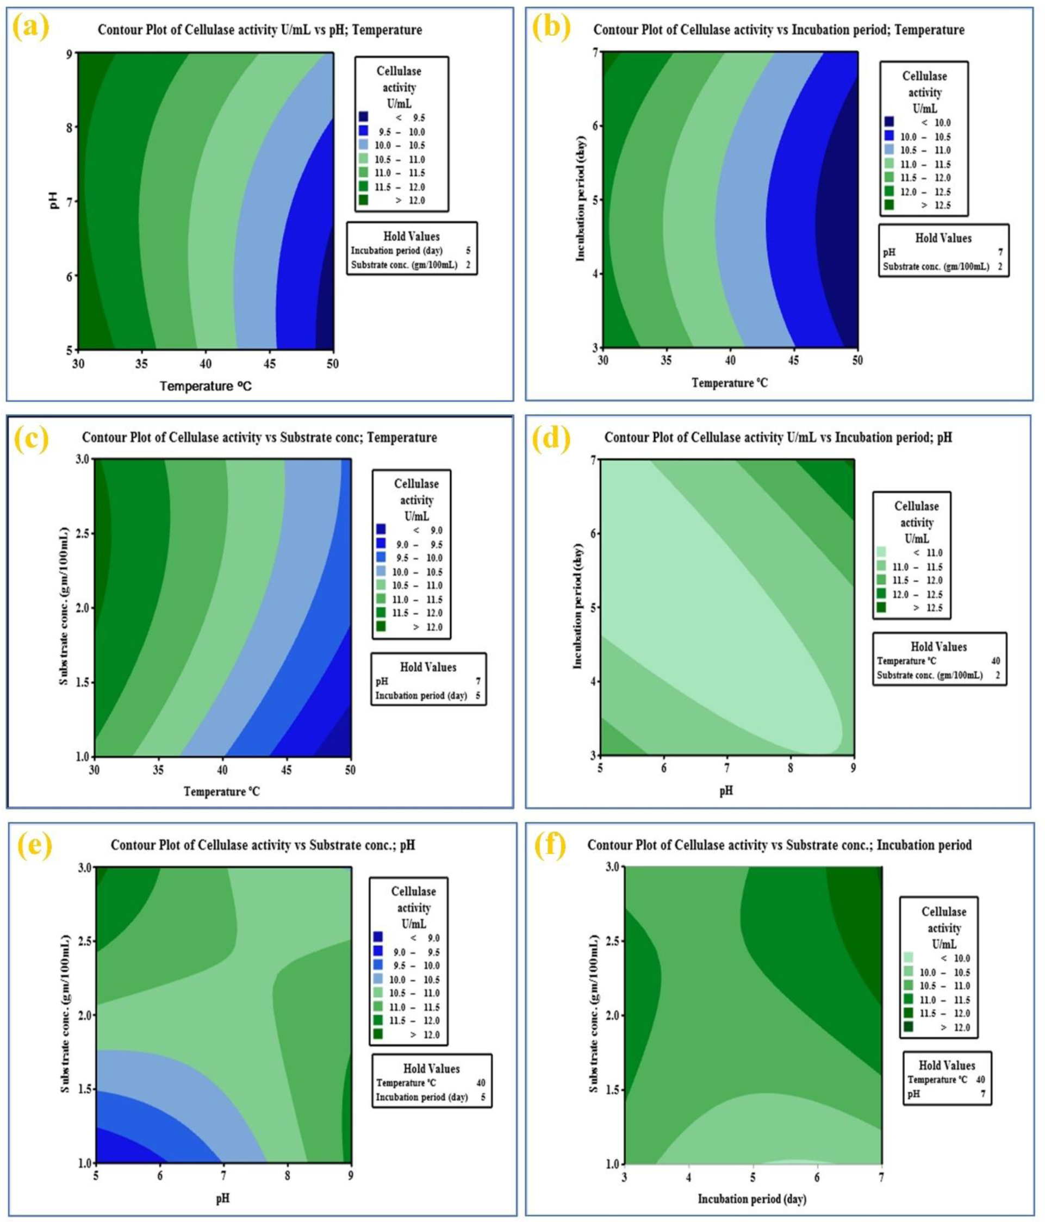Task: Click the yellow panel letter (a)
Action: click(x=30, y=28)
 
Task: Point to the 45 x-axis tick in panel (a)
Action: click(x=269, y=363)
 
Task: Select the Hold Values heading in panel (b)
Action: click(x=943, y=238)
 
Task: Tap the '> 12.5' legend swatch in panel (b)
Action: click(x=889, y=205)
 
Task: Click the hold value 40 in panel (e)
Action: click(x=481, y=1083)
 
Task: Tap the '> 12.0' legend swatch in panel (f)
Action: click(x=909, y=1027)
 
